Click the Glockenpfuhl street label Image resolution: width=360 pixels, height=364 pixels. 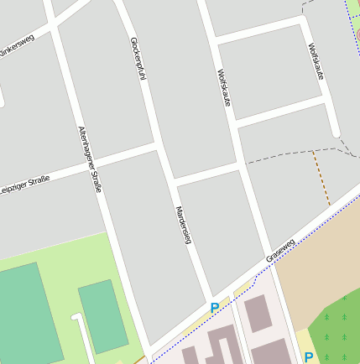(139, 58)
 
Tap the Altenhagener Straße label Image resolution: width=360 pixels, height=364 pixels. (90, 159)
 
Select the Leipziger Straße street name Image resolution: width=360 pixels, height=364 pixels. (26, 182)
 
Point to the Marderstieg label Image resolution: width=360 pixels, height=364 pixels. (185, 226)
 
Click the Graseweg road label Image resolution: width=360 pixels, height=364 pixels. (280, 250)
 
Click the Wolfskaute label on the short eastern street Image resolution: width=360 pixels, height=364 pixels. (316, 61)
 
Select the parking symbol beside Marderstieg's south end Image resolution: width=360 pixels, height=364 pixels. (215, 308)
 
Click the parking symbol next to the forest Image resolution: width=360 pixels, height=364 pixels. (309, 357)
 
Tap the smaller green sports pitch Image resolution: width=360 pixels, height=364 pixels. (102, 315)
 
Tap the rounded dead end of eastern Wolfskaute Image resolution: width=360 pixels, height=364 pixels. (336, 132)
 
